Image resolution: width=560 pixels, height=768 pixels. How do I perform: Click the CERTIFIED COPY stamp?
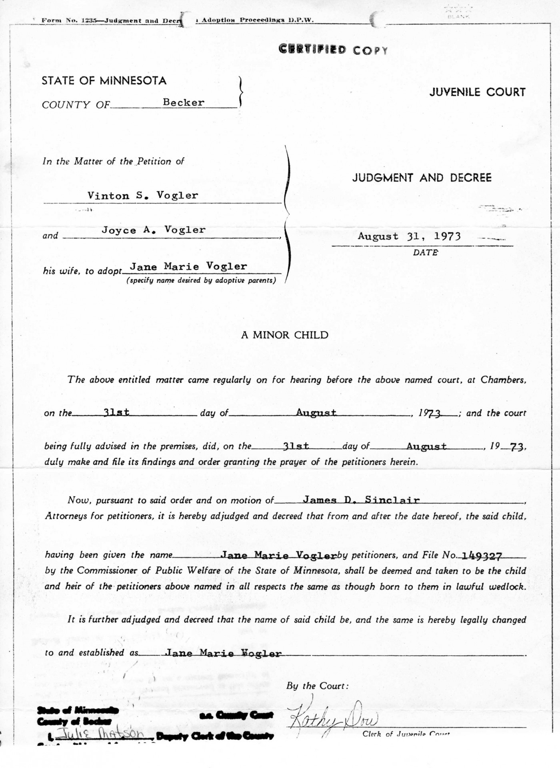(333, 50)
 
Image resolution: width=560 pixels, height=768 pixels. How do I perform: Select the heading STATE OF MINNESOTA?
(104, 81)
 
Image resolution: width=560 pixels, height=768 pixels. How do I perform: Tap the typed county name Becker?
(183, 102)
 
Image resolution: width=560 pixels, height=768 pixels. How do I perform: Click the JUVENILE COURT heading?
(477, 92)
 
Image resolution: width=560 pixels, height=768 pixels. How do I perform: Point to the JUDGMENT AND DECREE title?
(422, 178)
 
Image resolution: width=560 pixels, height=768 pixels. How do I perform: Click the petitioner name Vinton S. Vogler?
(143, 196)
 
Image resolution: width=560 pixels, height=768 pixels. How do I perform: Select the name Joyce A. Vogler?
(154, 230)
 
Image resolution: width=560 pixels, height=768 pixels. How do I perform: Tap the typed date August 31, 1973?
(409, 236)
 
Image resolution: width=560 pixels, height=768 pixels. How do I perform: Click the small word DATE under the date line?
(425, 252)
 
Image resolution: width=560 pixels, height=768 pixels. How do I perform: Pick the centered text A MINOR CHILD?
(284, 335)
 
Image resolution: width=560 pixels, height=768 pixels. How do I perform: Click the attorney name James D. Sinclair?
(361, 500)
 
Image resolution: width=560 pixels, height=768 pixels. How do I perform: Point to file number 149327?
(482, 556)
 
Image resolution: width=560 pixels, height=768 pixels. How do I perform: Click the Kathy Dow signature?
(332, 720)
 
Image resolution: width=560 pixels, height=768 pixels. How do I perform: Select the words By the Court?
(317, 686)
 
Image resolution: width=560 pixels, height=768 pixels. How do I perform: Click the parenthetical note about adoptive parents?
(201, 280)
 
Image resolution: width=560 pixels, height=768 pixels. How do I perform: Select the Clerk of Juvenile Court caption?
(406, 734)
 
